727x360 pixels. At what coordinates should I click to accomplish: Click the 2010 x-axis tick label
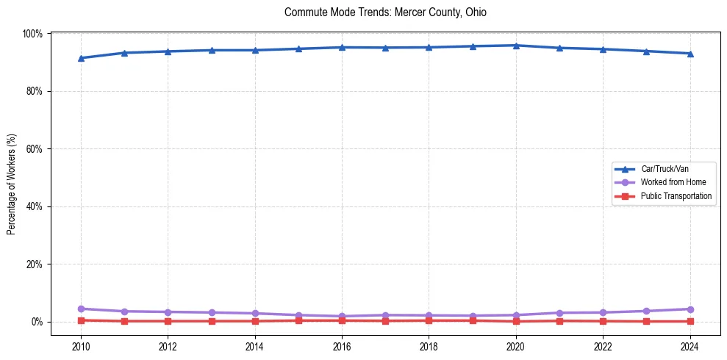(x=81, y=345)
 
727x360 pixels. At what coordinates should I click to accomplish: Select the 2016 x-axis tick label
(x=342, y=345)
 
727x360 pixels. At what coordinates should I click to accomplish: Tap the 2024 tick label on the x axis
(x=690, y=345)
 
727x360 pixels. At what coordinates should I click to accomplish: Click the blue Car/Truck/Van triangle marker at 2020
(x=516, y=46)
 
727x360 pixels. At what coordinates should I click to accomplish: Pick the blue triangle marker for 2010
(x=81, y=58)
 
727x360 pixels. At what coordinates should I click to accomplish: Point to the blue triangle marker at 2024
(x=690, y=54)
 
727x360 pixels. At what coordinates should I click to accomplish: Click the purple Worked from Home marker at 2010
(x=81, y=309)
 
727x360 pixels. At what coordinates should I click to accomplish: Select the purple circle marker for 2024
(x=690, y=309)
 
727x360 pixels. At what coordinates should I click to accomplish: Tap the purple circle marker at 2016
(x=342, y=317)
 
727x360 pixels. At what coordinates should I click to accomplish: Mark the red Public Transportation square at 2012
(x=168, y=321)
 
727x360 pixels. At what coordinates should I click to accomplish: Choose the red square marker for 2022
(x=603, y=321)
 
